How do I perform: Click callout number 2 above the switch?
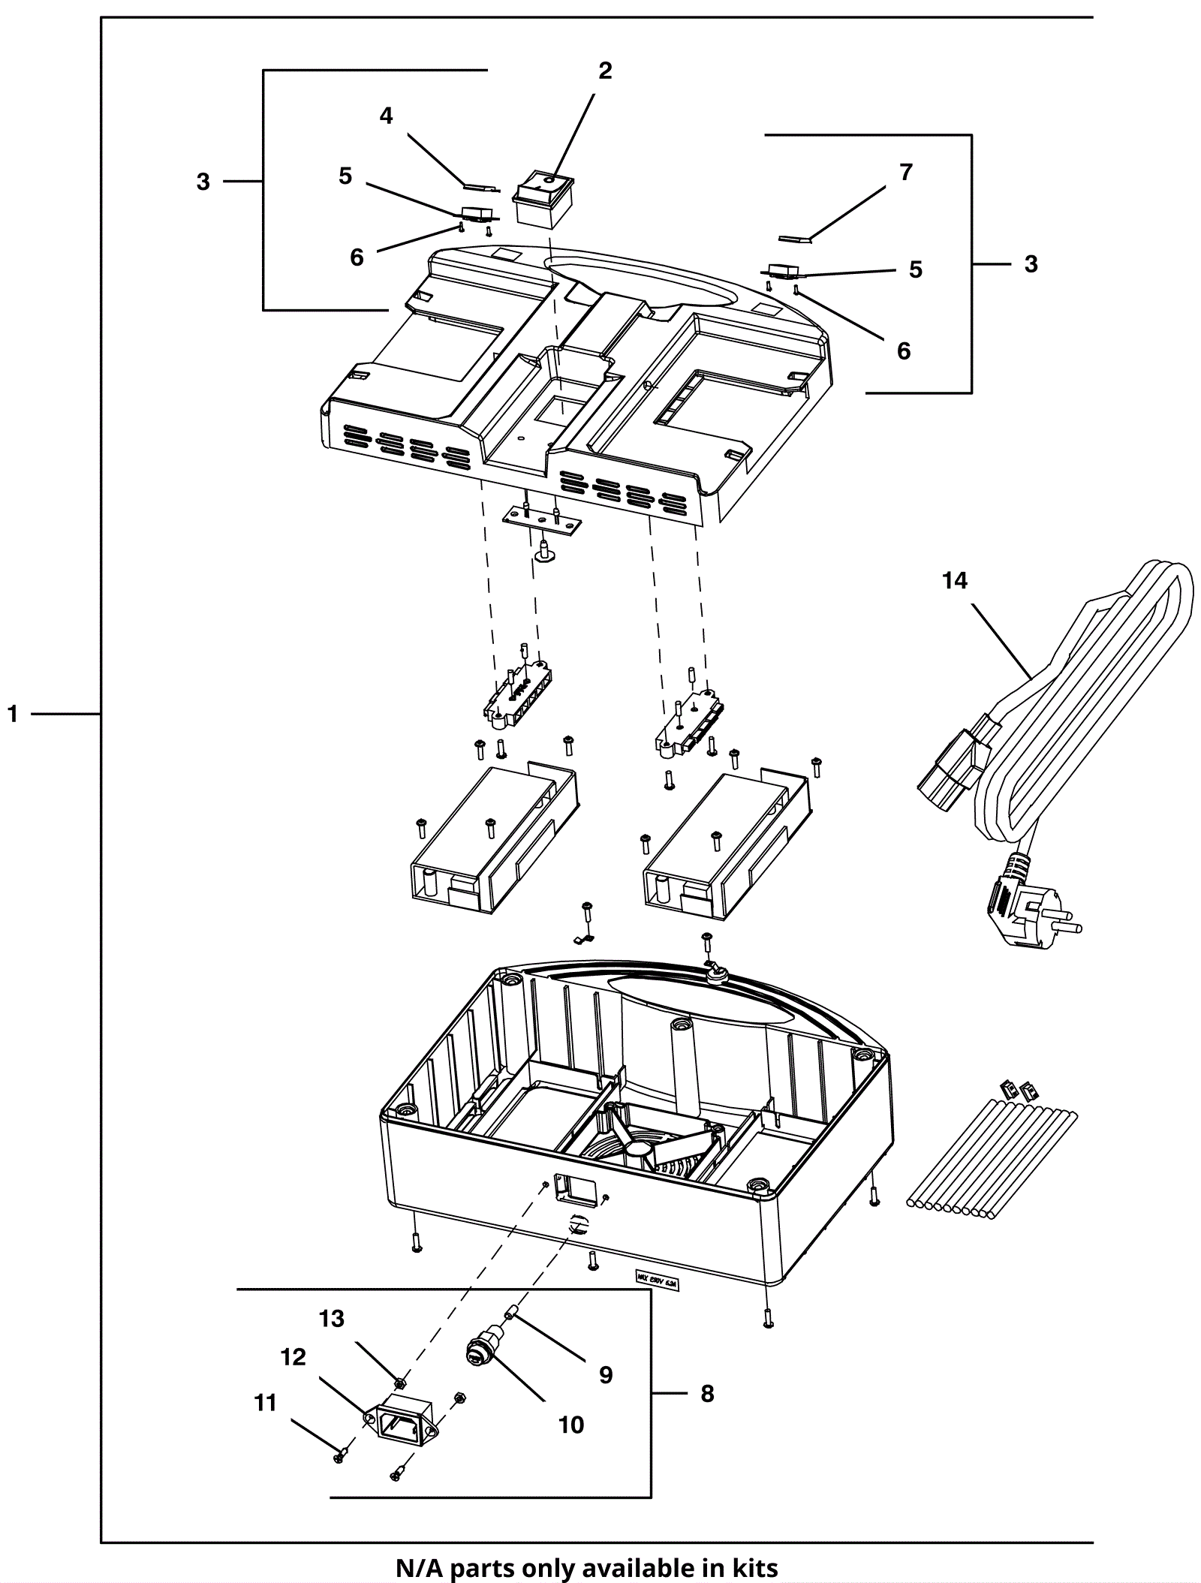605,71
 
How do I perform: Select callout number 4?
386,116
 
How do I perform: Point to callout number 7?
906,173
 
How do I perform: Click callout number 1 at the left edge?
12,714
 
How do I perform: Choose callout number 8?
707,1393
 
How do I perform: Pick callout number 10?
571,1425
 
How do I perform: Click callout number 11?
266,1403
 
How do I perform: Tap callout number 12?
293,1357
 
